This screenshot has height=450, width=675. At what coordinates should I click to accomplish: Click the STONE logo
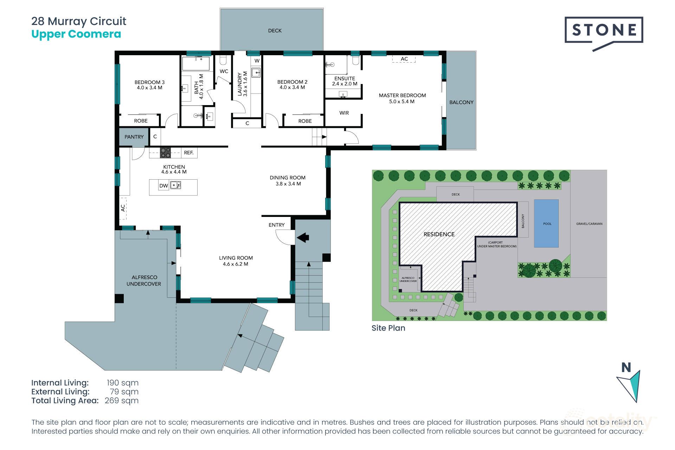pos(604,31)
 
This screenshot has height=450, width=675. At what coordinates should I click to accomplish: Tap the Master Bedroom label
pos(402,98)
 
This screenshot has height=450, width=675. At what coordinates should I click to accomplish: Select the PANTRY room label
pos(134,137)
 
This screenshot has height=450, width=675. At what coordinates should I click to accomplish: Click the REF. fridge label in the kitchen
pos(189,153)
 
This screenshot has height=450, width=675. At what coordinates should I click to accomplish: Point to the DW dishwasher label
pos(163,186)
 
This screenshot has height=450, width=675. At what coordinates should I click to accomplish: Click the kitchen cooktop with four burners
pos(166,153)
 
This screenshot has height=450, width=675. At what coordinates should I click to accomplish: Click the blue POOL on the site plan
pos(546,224)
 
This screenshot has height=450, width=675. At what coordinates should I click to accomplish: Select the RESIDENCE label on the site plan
pos(439,234)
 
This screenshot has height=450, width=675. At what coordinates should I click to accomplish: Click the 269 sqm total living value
pos(121,400)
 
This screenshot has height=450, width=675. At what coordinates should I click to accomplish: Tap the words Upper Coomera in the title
pos(76,34)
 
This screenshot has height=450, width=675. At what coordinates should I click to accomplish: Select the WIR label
pos(344,113)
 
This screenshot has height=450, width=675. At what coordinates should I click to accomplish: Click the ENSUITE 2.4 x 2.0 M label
pos(345,81)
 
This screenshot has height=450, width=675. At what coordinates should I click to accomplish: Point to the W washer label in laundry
pos(257,61)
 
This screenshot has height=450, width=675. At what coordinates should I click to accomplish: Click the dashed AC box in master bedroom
pos(404,59)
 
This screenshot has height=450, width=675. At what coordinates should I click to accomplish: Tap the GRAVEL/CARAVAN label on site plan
pos(589,224)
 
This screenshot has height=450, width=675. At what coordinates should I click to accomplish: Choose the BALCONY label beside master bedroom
pos(461,102)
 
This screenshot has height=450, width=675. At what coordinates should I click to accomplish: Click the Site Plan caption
pos(388,328)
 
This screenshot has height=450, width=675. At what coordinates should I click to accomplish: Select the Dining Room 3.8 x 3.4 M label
pos(288,180)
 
